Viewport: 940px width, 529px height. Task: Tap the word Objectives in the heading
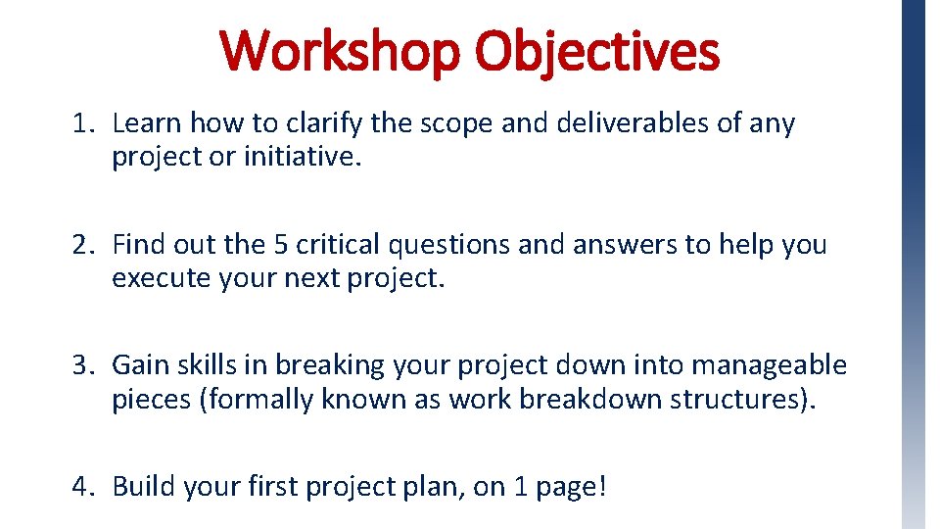tap(597, 52)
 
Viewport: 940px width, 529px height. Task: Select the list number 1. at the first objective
tap(83, 123)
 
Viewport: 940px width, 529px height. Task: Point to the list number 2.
tap(83, 244)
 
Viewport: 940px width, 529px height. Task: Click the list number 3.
tap(83, 365)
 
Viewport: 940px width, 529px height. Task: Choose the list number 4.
tap(83, 486)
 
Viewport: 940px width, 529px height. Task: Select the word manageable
tap(770, 365)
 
